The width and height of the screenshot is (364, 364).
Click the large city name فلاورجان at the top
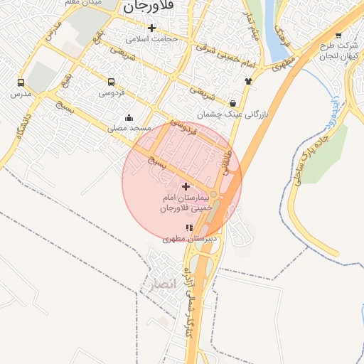(x=151, y=7)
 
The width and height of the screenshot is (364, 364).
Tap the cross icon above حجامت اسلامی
(x=151, y=28)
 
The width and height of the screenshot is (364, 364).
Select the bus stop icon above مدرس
(x=21, y=82)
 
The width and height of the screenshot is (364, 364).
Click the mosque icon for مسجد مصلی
(x=129, y=117)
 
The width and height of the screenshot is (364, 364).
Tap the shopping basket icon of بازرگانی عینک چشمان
(x=233, y=102)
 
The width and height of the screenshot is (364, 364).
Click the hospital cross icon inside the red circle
(x=186, y=186)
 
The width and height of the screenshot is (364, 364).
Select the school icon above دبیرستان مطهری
(x=189, y=227)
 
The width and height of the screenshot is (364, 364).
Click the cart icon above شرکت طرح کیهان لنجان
(x=337, y=36)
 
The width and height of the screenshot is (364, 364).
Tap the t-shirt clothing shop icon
(x=247, y=80)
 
